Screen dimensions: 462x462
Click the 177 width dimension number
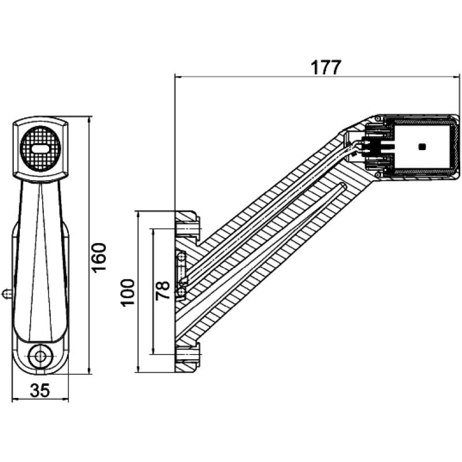(326, 67)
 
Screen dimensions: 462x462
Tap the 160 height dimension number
(100, 257)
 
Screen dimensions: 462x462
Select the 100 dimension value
(128, 292)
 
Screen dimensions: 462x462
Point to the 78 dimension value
(163, 290)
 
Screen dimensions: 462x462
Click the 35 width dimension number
(40, 390)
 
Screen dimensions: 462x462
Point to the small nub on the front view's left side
(6, 294)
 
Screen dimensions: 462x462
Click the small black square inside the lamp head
(423, 147)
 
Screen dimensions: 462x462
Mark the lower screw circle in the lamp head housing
(378, 174)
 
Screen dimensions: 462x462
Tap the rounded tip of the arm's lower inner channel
(344, 185)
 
